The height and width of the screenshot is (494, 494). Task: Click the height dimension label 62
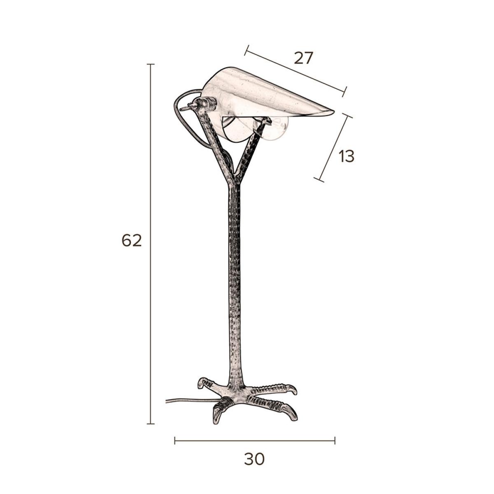click(x=131, y=241)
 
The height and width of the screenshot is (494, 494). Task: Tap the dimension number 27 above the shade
click(x=303, y=58)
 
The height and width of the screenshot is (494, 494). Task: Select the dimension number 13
click(x=346, y=156)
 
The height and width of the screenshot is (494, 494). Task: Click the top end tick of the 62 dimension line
click(x=151, y=64)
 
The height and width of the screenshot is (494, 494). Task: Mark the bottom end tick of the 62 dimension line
click(x=151, y=424)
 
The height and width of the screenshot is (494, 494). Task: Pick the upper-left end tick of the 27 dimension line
click(x=247, y=50)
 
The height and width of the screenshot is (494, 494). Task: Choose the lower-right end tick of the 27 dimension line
click(x=345, y=92)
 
